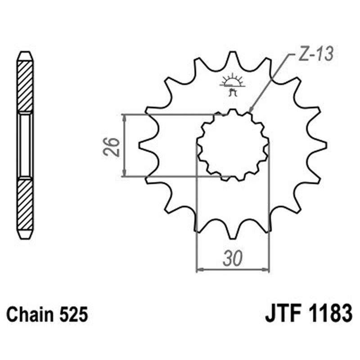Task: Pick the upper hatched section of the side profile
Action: point(25,85)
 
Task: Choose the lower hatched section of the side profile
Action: point(25,205)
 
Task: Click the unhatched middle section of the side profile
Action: point(25,145)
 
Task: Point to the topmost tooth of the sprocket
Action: point(233,56)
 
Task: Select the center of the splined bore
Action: point(233,145)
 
